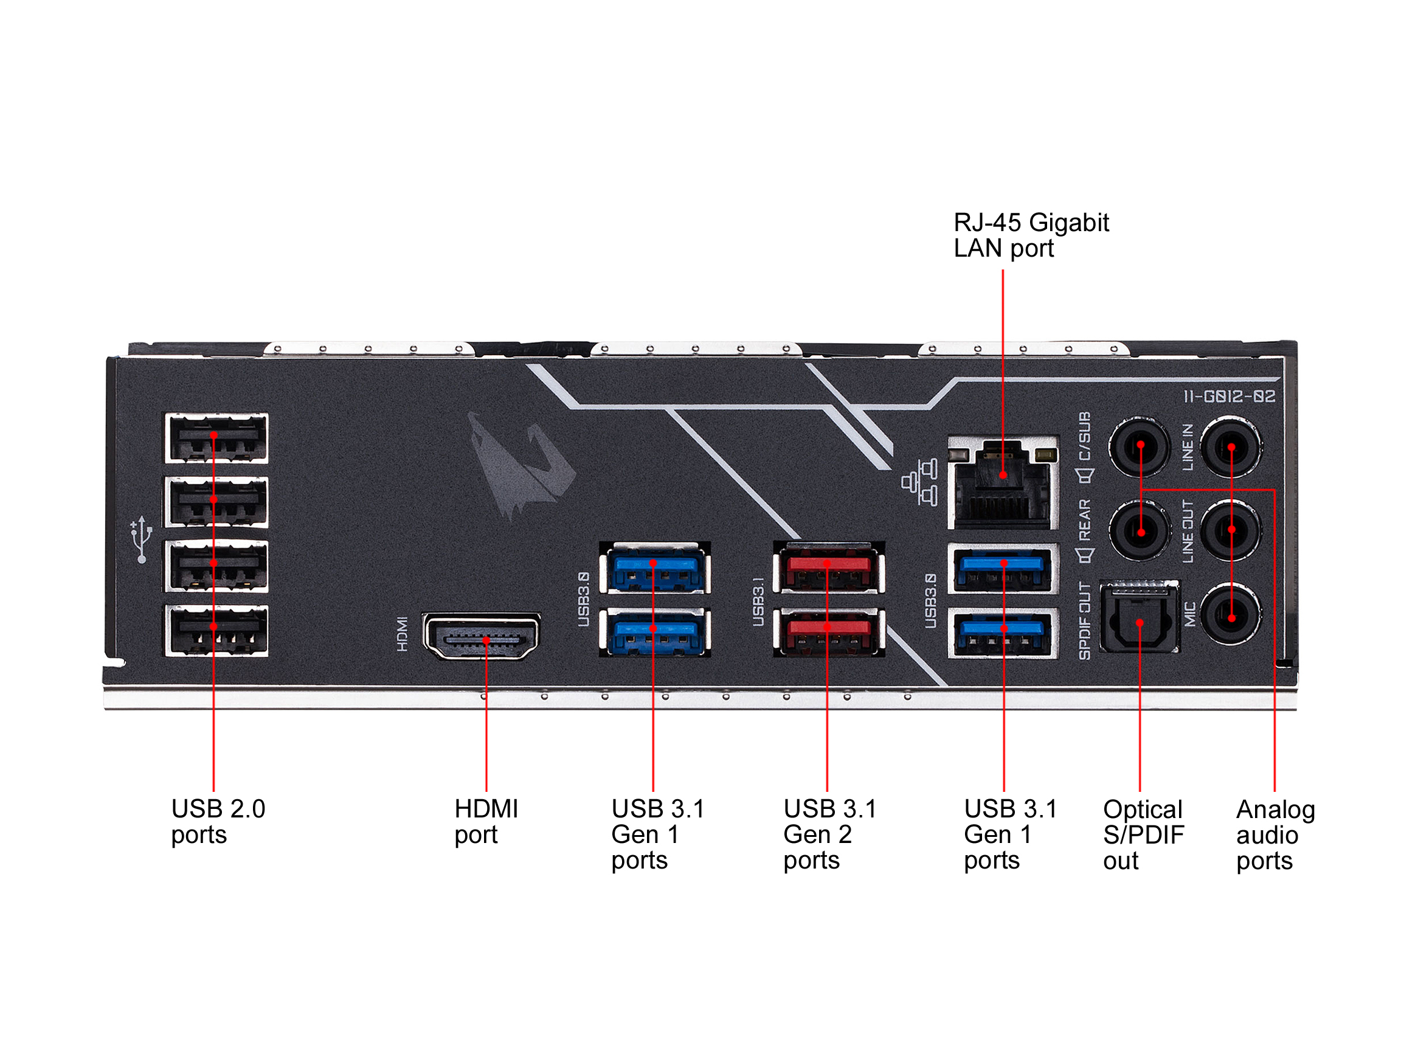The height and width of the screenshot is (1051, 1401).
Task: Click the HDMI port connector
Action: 482,637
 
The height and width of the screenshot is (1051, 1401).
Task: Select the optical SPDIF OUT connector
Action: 1140,617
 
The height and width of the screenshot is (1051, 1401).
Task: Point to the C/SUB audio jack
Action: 1140,446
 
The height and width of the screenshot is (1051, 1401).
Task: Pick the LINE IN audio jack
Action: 1231,446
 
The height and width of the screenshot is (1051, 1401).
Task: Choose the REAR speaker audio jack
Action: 1140,531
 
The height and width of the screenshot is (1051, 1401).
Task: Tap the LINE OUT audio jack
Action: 1231,531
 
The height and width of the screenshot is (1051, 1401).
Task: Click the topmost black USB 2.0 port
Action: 216,439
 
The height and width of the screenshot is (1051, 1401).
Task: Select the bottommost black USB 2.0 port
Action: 216,630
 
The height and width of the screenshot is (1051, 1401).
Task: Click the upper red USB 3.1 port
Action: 828,567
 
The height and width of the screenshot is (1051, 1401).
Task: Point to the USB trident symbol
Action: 141,539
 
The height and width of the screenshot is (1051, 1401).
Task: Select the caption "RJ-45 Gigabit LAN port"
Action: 1031,235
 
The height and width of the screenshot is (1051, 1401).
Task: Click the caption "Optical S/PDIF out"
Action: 1143,835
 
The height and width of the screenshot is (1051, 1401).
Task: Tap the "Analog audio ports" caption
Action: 1275,835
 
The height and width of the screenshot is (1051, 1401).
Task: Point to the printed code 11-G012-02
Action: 1230,397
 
